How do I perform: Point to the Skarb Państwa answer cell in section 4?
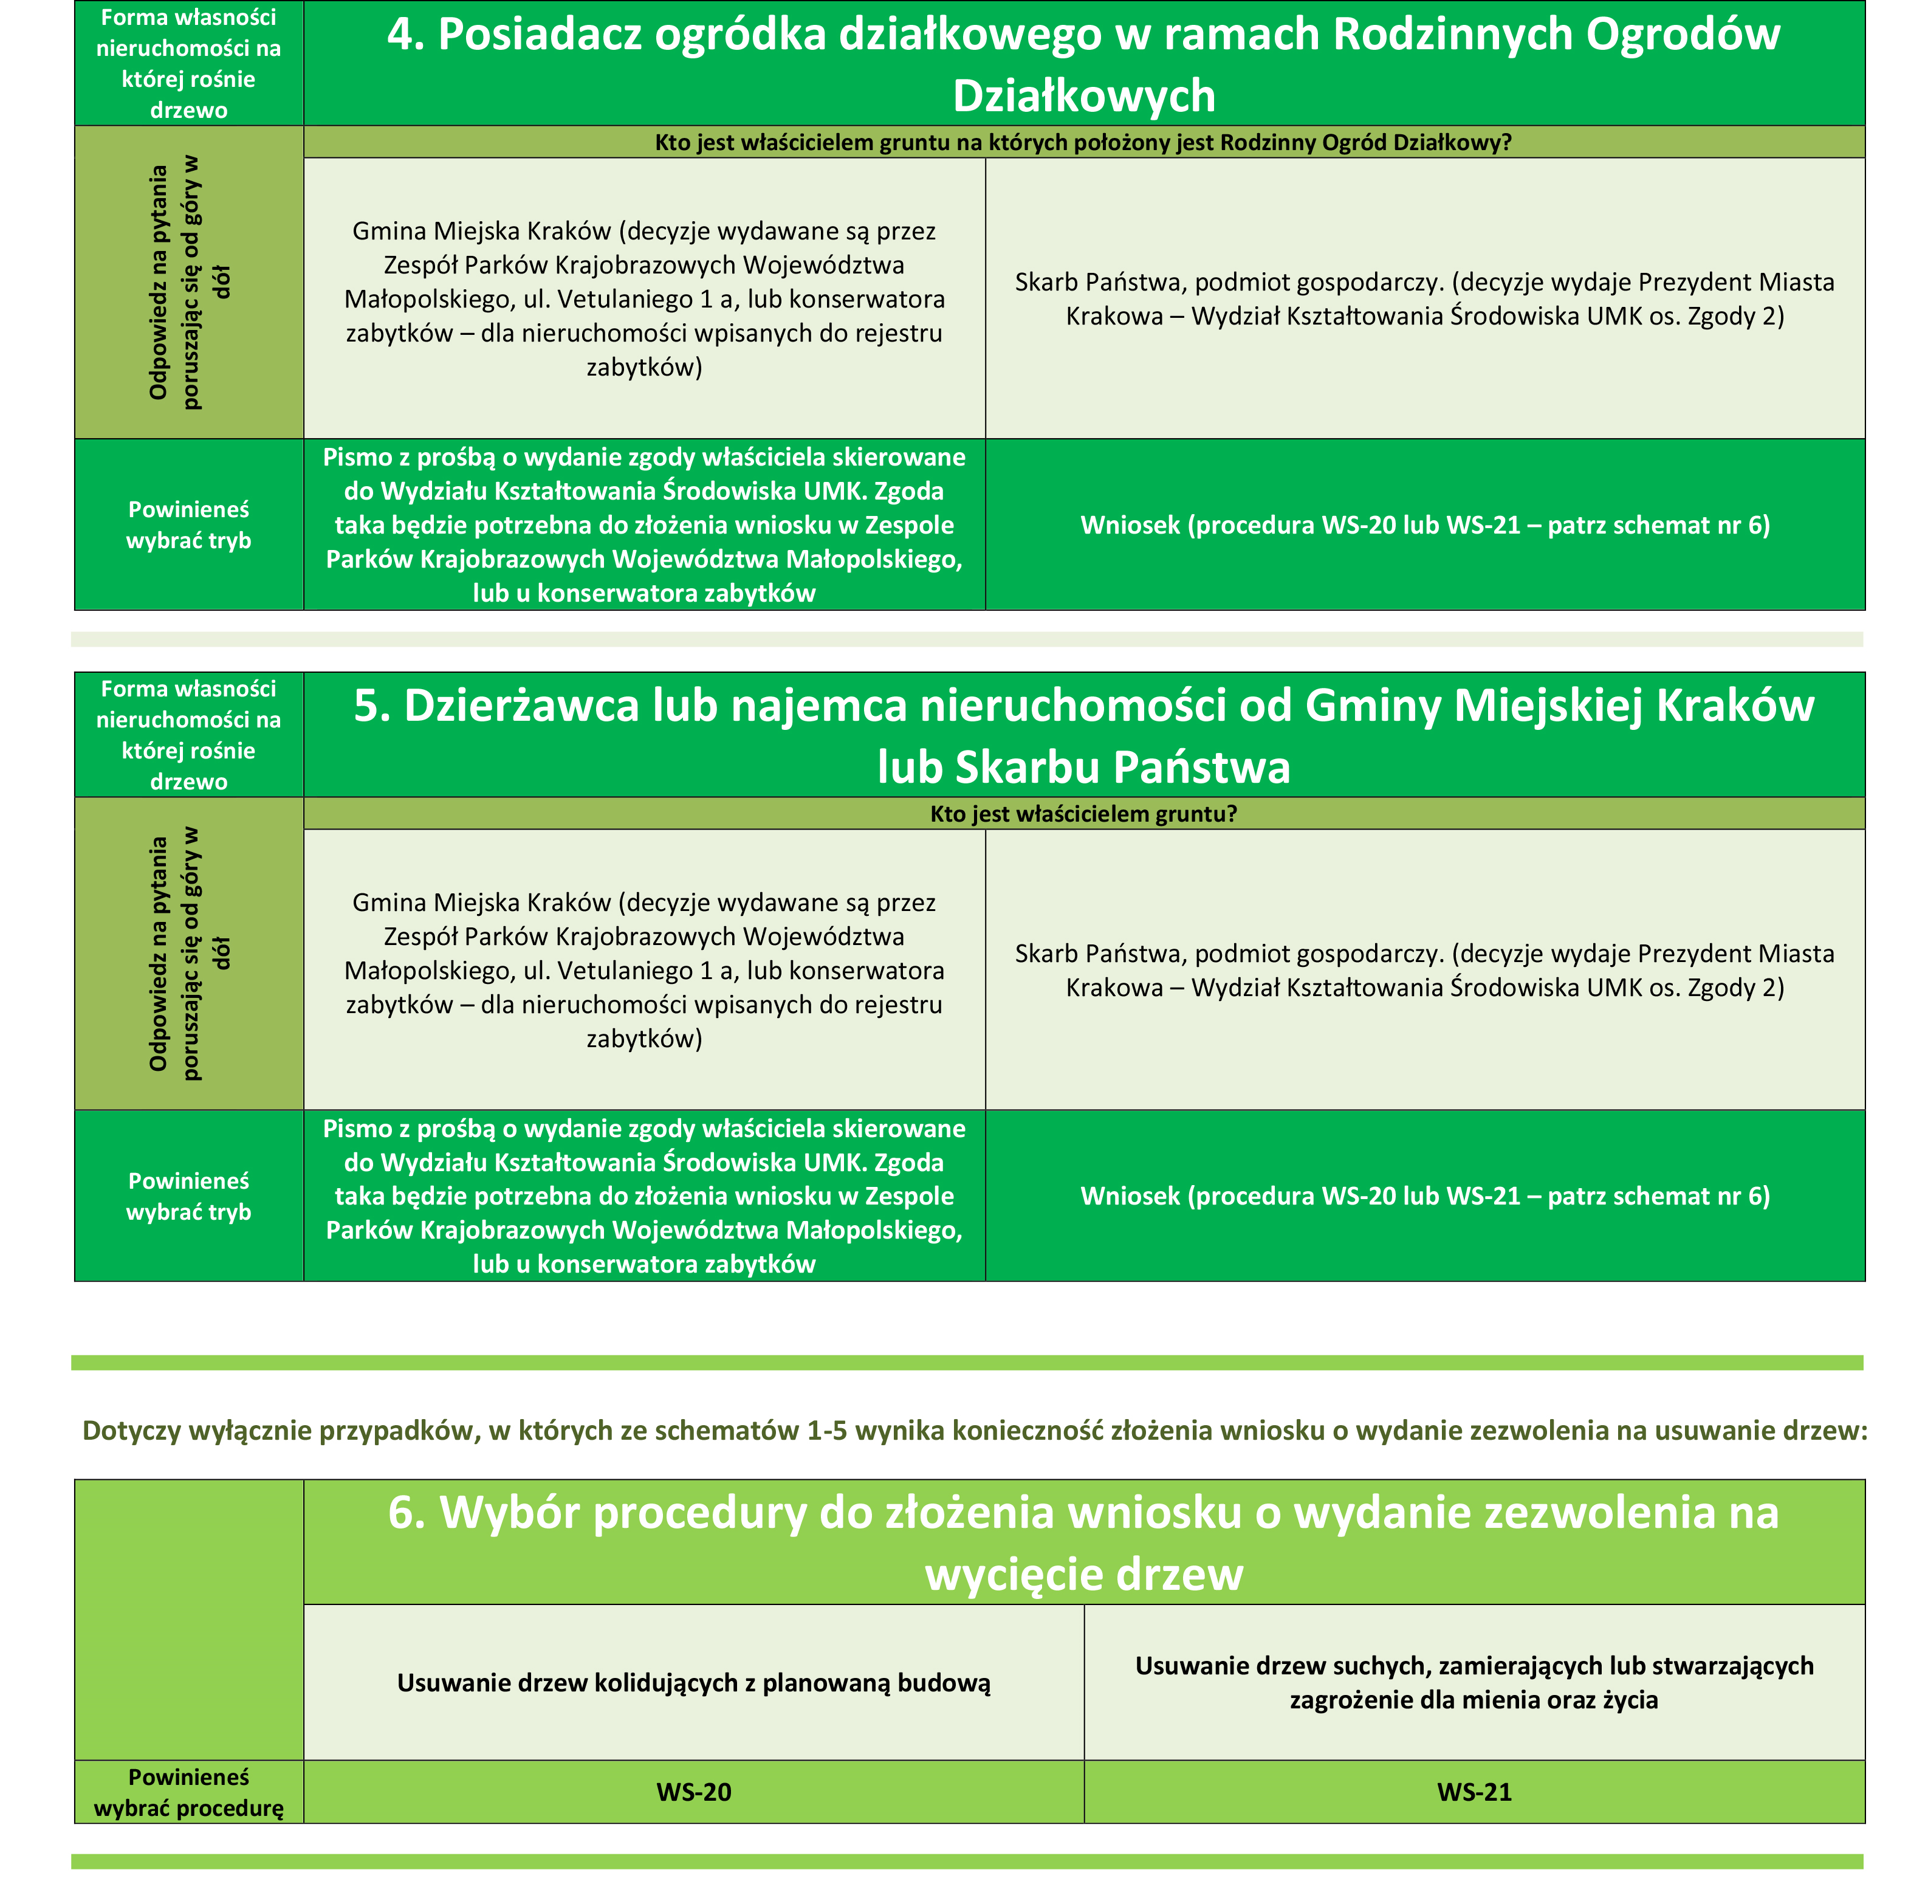pyautogui.click(x=1424, y=299)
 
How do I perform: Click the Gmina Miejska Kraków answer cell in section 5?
pyautogui.click(x=644, y=970)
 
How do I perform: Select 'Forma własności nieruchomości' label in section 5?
pyautogui.click(x=189, y=735)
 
